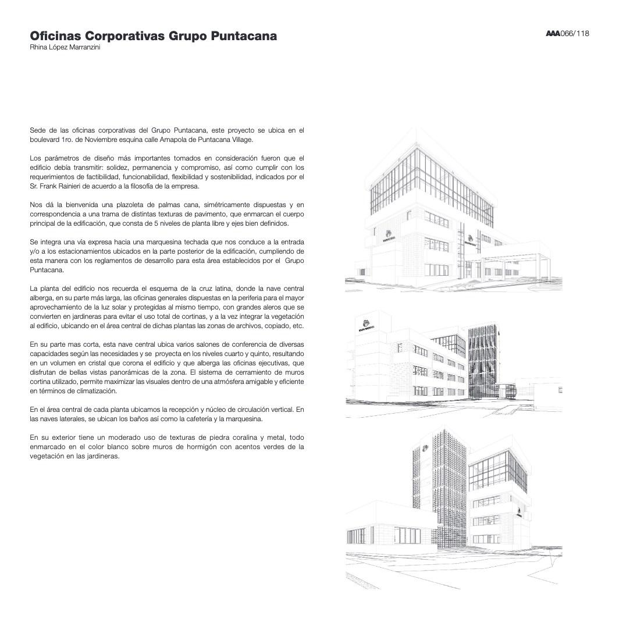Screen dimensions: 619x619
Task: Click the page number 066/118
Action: click(575, 33)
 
